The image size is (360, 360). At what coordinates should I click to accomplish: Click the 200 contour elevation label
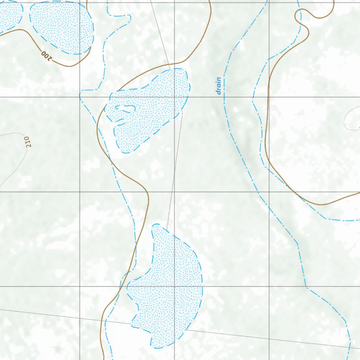(x=46, y=56)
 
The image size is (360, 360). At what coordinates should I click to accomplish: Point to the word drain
(x=219, y=86)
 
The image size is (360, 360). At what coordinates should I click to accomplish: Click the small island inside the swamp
(x=125, y=109)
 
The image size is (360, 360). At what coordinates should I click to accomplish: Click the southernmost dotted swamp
(x=169, y=288)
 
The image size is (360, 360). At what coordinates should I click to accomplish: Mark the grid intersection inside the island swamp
(x=174, y=97)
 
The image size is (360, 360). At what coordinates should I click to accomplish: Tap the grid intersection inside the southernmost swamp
(x=174, y=287)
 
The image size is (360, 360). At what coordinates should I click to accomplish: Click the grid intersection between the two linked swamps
(x=174, y=192)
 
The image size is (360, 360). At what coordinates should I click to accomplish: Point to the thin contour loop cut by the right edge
(x=352, y=120)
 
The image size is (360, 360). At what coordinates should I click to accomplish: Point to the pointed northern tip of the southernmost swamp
(x=155, y=225)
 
